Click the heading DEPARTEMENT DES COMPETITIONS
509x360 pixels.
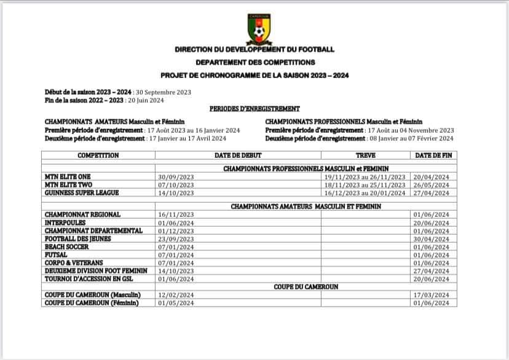coord(255,62)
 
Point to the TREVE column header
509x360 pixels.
coord(366,155)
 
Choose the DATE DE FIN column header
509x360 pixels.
coord(433,155)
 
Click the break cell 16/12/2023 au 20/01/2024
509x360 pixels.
coord(365,192)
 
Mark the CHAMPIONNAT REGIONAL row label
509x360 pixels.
coord(82,214)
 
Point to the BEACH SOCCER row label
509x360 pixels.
coord(67,246)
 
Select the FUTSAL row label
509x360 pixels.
coord(57,254)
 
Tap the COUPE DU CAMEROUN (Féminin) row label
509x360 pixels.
coord(92,303)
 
